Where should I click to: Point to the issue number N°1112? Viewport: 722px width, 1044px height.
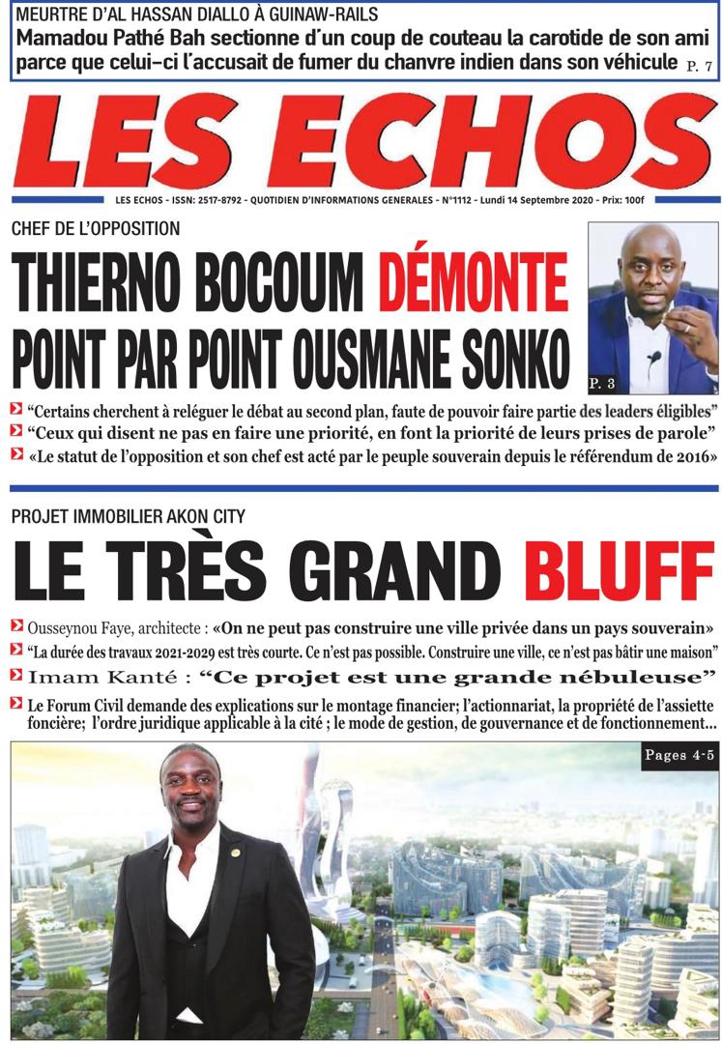463,202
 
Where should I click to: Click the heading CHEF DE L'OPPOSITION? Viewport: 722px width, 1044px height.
96,229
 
